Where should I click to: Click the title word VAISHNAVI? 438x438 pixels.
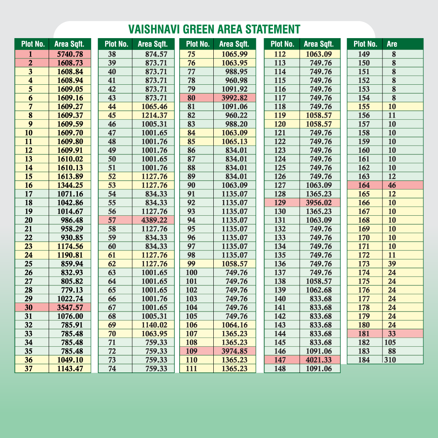pyautogui.click(x=155, y=30)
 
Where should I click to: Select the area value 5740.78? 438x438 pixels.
pyautogui.click(x=70, y=54)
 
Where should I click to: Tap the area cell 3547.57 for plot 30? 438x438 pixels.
pyautogui.click(x=70, y=307)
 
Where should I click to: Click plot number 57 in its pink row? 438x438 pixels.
pyautogui.click(x=112, y=220)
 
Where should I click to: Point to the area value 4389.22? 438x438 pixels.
pyautogui.click(x=154, y=220)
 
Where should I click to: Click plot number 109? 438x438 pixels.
pyautogui.click(x=191, y=351)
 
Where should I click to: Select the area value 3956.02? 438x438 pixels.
pyautogui.click(x=319, y=202)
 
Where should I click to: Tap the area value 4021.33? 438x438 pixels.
pyautogui.click(x=319, y=360)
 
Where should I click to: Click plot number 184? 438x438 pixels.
pyautogui.click(x=364, y=360)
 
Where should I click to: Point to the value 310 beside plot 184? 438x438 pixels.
pyautogui.click(x=390, y=360)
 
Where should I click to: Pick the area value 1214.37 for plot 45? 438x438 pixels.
pyautogui.click(x=154, y=115)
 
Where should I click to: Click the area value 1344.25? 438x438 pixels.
pyautogui.click(x=70, y=185)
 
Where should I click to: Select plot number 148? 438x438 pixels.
pyautogui.click(x=280, y=369)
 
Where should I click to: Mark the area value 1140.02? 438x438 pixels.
pyautogui.click(x=154, y=325)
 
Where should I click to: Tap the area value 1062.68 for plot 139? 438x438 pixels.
pyautogui.click(x=319, y=290)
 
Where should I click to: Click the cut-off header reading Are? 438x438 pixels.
pyautogui.click(x=392, y=44)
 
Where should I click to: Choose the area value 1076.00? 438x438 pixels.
pyautogui.click(x=70, y=316)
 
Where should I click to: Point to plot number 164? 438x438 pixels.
pyautogui.click(x=364, y=185)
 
